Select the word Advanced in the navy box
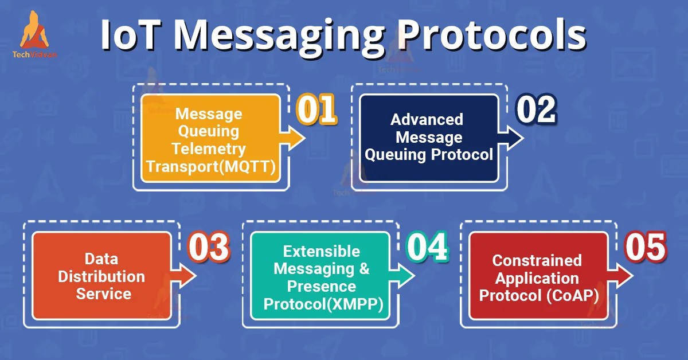pyautogui.click(x=427, y=119)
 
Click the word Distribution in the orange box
pyautogui.click(x=101, y=276)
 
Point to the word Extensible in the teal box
pyautogui.click(x=322, y=251)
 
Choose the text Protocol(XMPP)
pyautogui.click(x=324, y=303)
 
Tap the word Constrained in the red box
pyautogui.click(x=537, y=260)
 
